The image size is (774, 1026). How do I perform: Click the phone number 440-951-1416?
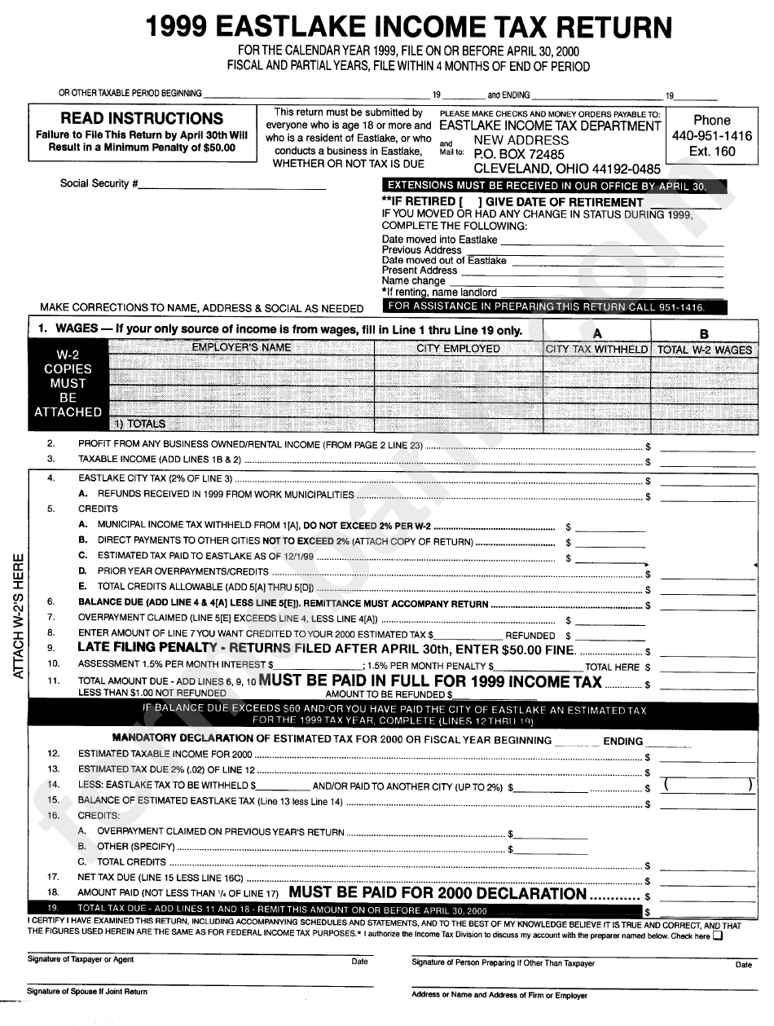tap(711, 136)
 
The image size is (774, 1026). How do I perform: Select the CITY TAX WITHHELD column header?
tap(596, 349)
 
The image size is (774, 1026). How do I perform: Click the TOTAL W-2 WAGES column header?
tap(705, 350)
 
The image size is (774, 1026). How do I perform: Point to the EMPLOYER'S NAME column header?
tap(241, 348)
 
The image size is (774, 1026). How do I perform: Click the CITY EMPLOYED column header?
tap(458, 349)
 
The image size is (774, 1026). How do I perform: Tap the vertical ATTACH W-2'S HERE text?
tap(19, 617)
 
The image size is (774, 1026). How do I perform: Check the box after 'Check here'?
tap(717, 936)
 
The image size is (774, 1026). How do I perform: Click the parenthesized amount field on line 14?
tap(706, 786)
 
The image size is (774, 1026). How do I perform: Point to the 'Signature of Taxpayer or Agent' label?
tap(81, 960)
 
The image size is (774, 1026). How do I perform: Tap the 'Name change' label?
tap(414, 281)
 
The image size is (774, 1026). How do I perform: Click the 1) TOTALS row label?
tap(139, 424)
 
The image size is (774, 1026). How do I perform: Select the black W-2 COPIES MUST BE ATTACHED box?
tap(68, 383)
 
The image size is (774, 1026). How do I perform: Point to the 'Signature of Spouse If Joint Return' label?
tap(87, 992)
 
